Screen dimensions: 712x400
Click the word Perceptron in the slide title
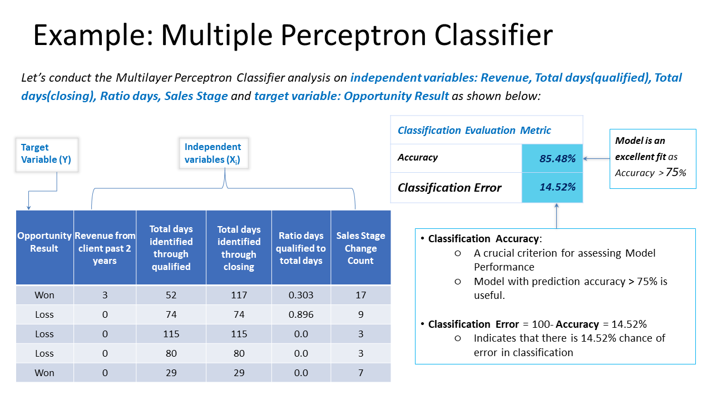click(353, 36)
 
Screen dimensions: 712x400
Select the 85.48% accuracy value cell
click(552, 158)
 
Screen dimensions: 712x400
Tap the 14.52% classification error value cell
click(552, 187)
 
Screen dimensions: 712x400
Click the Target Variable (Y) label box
click(47, 154)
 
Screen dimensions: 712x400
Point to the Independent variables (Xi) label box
click(214, 153)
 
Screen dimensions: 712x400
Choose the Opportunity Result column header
click(44, 247)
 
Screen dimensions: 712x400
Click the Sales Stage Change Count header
click(361, 247)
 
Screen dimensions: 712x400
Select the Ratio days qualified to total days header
click(301, 247)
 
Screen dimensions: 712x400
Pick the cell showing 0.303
click(301, 295)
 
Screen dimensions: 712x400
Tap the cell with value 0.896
click(301, 314)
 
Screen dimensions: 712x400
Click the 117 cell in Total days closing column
click(239, 295)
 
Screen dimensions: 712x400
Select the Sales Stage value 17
click(361, 295)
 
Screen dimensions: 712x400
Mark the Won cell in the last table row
click(44, 373)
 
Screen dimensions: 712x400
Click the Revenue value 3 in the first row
click(105, 295)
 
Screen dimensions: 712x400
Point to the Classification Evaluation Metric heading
click(474, 130)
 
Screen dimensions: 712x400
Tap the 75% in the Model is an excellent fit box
click(676, 172)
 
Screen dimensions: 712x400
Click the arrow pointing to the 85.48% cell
click(596, 158)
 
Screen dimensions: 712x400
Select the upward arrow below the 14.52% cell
click(557, 216)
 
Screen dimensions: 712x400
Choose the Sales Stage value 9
click(361, 314)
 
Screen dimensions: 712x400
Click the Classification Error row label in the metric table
click(449, 188)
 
